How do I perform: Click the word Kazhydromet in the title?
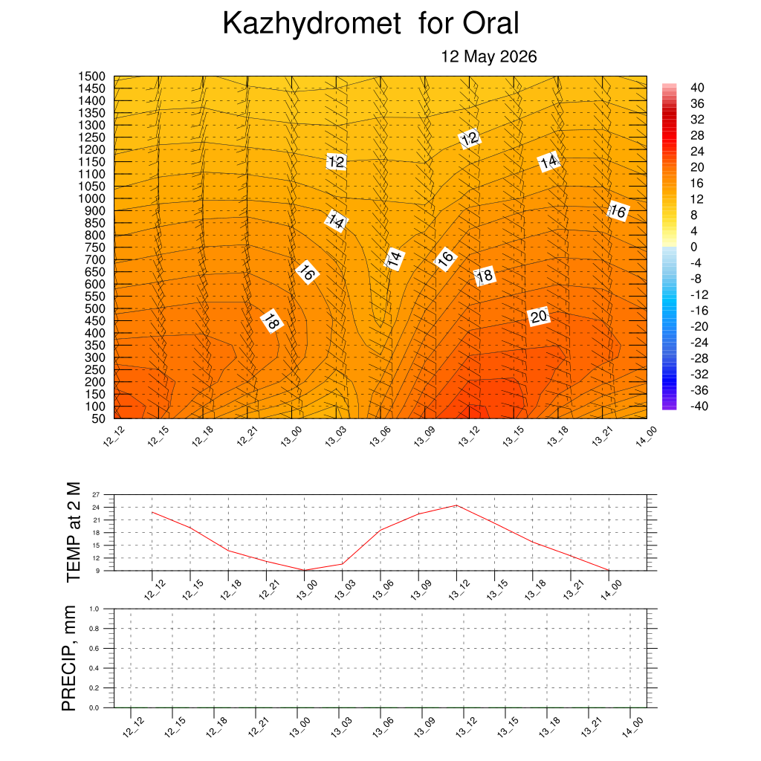pos(312,23)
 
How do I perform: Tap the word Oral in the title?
pos(490,23)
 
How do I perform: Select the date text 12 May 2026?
pos(489,56)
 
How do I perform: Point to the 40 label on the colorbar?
pos(697,88)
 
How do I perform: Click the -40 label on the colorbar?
pos(699,407)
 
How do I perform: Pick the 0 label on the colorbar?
pos(694,247)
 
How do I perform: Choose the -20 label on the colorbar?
pos(699,327)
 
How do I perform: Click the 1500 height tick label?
pos(91,77)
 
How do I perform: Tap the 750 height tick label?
pos(95,247)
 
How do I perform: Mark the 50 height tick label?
pos(99,418)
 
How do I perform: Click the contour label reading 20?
pos(539,317)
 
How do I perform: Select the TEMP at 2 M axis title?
pos(73,532)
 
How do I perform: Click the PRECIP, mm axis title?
pos(69,658)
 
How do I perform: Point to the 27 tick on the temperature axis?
pos(96,494)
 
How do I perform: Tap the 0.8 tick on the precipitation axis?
pos(94,629)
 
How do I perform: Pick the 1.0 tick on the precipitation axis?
pos(94,609)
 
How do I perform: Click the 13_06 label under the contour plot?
pos(380,436)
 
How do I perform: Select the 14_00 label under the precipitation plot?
pos(633,728)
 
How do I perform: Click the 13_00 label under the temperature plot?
pos(307,590)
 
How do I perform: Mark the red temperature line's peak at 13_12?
pos(456,505)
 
